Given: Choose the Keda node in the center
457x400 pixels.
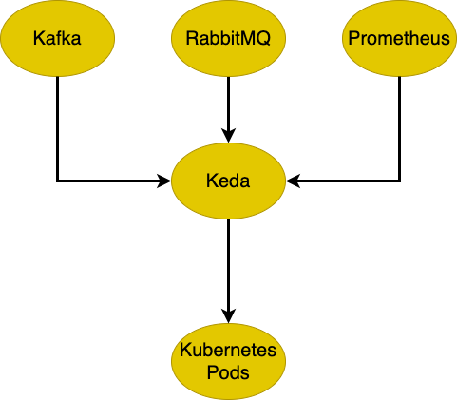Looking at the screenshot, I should tap(228, 181).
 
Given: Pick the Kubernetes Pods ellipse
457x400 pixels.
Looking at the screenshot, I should tap(228, 361).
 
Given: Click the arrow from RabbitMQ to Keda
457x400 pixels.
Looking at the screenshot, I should tap(228, 105).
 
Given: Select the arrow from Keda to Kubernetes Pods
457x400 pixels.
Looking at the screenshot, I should tap(228, 266).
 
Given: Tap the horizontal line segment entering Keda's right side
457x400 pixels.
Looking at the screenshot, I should tap(347, 180).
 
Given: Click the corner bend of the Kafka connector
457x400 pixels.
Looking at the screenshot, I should tap(57, 180).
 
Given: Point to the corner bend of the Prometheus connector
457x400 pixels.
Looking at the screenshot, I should tap(399, 180).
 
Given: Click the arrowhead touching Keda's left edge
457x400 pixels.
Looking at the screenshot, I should tap(164, 180).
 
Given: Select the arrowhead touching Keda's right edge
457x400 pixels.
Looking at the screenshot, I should tap(293, 180).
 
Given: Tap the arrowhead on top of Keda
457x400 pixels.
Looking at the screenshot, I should tap(228, 135).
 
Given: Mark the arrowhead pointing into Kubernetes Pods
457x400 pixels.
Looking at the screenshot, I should tap(228, 315).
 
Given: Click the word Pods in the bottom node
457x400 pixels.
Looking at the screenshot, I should tap(228, 371).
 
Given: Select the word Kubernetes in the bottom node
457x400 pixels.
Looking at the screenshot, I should tap(228, 352).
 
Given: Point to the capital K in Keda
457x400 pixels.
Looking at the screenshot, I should tap(211, 181).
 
